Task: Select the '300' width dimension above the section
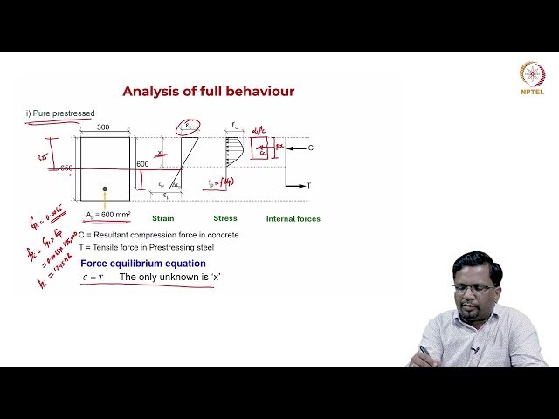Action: (x=104, y=127)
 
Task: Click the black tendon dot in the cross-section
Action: (x=105, y=189)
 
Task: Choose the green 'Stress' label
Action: (x=225, y=218)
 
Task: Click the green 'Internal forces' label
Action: (x=293, y=218)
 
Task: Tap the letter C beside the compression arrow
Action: (x=310, y=148)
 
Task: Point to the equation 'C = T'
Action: (x=92, y=278)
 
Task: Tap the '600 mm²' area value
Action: (x=114, y=215)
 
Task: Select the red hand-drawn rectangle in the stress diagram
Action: (x=261, y=148)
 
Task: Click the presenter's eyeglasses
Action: (x=476, y=288)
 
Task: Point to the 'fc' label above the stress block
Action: (x=235, y=127)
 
